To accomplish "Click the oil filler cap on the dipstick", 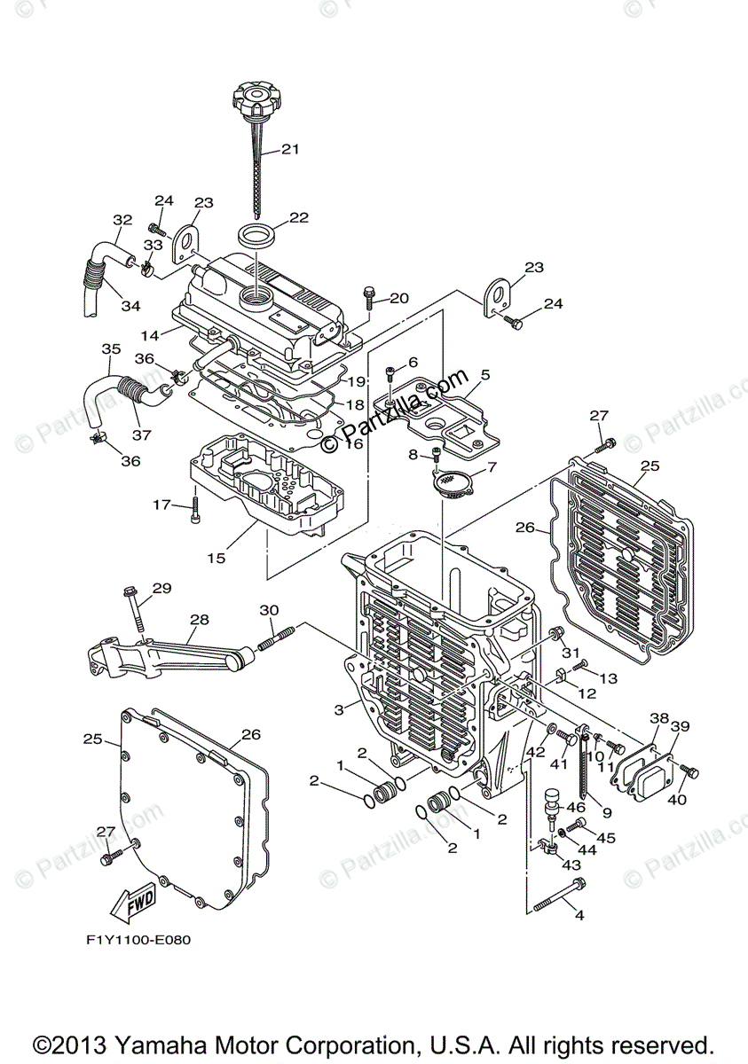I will coord(255,95).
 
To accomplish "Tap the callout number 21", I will coord(291,150).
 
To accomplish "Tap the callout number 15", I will coord(216,558).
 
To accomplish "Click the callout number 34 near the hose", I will coord(130,306).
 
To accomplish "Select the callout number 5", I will coord(484,375).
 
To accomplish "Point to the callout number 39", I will coord(679,726).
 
